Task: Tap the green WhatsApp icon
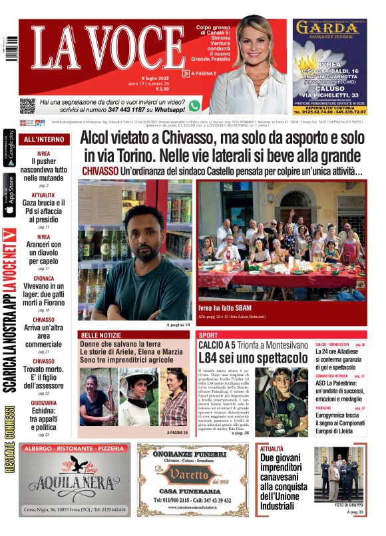pos(194,105)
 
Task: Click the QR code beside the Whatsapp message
pos(27,105)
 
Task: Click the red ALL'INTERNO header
pos(44,140)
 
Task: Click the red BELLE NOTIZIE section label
pos(100,334)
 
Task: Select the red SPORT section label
pos(208,335)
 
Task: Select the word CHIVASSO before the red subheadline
pos(100,171)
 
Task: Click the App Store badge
pos(9,195)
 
